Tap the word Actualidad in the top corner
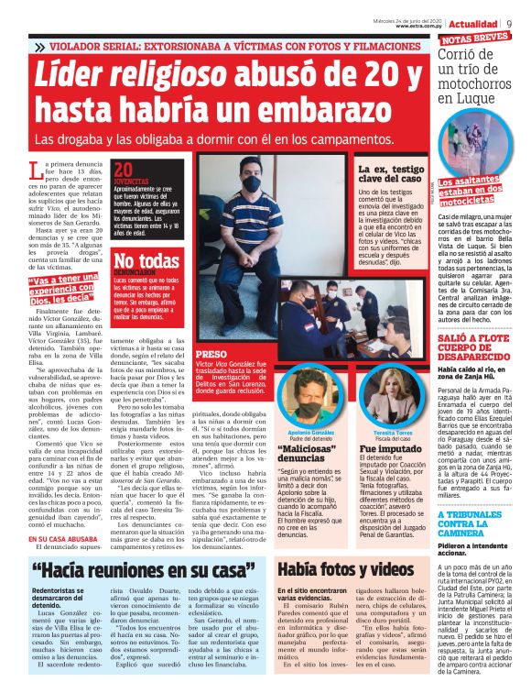pyautogui.click(x=476, y=22)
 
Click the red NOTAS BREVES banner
pyautogui.click(x=475, y=38)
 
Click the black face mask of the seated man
pyautogui.click(x=252, y=184)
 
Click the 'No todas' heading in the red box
pyautogui.click(x=146, y=261)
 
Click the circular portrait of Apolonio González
pyautogui.click(x=281, y=375)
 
